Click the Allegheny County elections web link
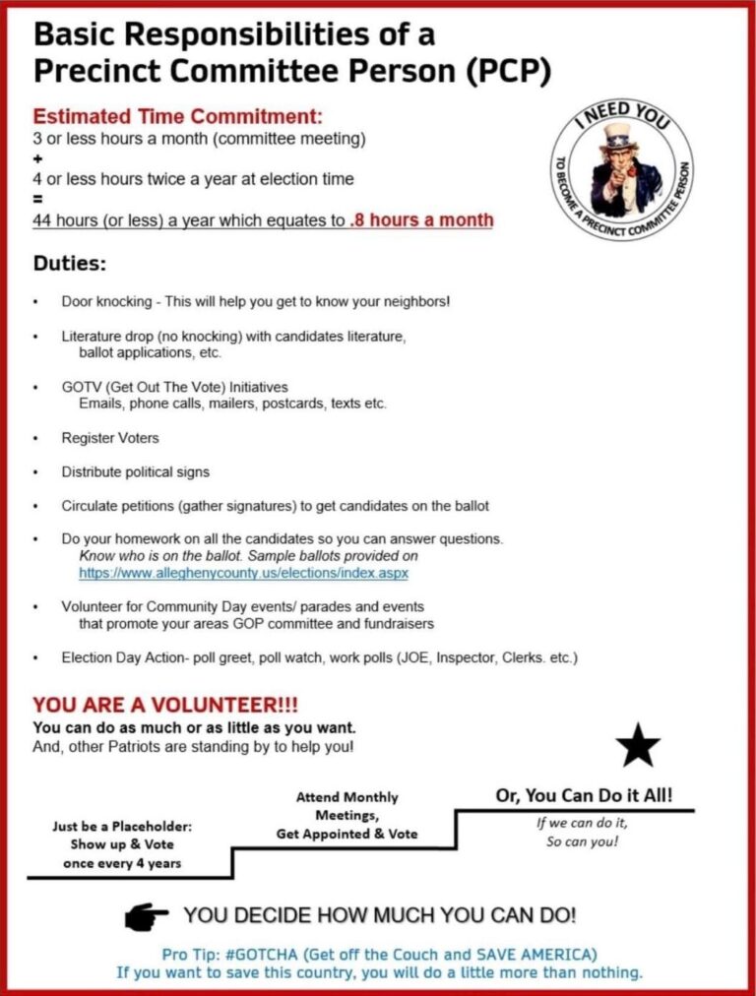[x=243, y=572]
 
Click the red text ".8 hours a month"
[x=420, y=220]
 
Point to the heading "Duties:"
[x=70, y=265]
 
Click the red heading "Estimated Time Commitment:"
[x=178, y=116]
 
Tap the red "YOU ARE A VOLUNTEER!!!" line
[x=165, y=706]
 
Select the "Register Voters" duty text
[x=110, y=437]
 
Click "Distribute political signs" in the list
[x=135, y=471]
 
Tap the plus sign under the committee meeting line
[x=37, y=159]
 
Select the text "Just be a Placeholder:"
[x=122, y=827]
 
